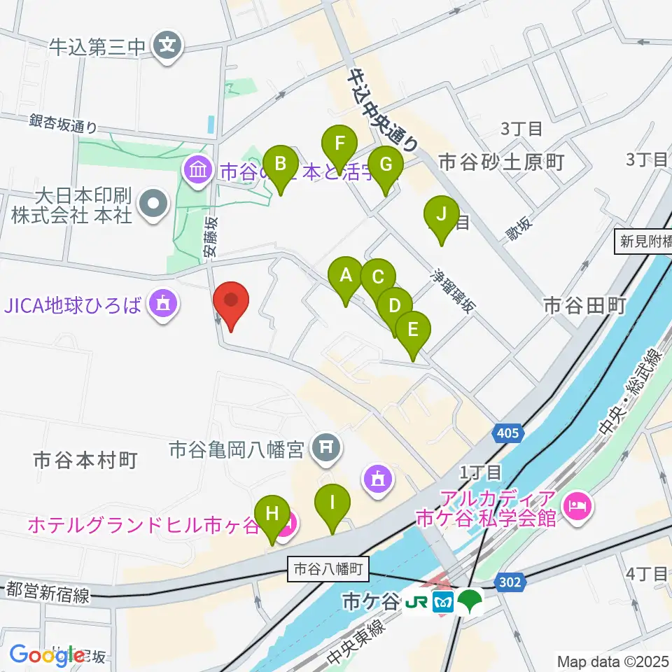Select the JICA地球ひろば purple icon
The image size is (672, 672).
coord(162,304)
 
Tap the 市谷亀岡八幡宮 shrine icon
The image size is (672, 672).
coord(325,444)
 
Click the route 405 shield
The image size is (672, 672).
coord(510,433)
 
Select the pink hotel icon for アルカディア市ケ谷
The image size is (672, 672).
coord(577,503)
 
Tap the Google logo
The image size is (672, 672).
coord(47,654)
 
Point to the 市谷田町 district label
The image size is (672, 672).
coord(583,305)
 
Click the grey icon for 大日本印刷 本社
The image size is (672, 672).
coord(153,205)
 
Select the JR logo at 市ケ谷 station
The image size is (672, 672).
coord(416,601)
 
